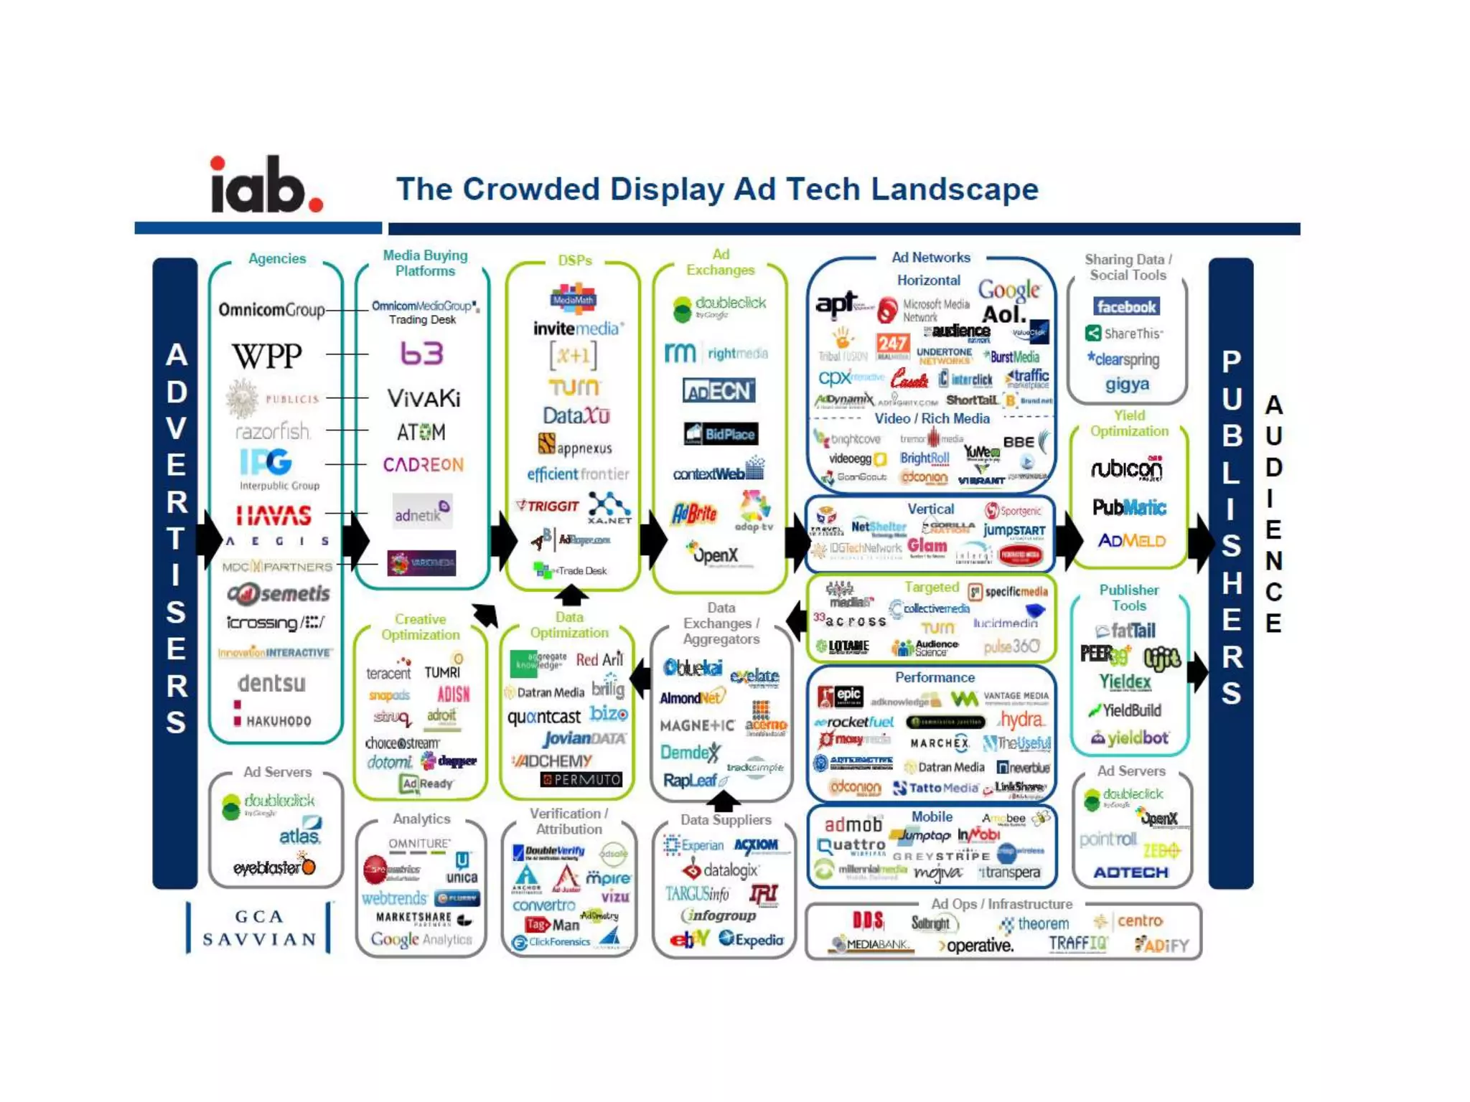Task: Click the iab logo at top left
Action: click(266, 185)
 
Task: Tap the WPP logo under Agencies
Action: click(267, 355)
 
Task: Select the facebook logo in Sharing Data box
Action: click(1126, 307)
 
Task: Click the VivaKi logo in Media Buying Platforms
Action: click(423, 398)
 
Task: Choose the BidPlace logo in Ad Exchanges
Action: click(721, 434)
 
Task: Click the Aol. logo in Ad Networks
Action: click(1003, 314)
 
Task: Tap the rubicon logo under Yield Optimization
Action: click(1126, 468)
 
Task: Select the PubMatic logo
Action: click(1129, 508)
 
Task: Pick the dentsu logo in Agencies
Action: click(272, 683)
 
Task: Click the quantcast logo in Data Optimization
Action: click(544, 717)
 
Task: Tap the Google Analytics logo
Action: click(421, 939)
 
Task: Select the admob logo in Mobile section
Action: click(853, 824)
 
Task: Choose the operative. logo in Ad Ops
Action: click(976, 946)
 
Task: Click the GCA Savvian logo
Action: click(259, 928)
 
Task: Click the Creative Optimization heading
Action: click(421, 627)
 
